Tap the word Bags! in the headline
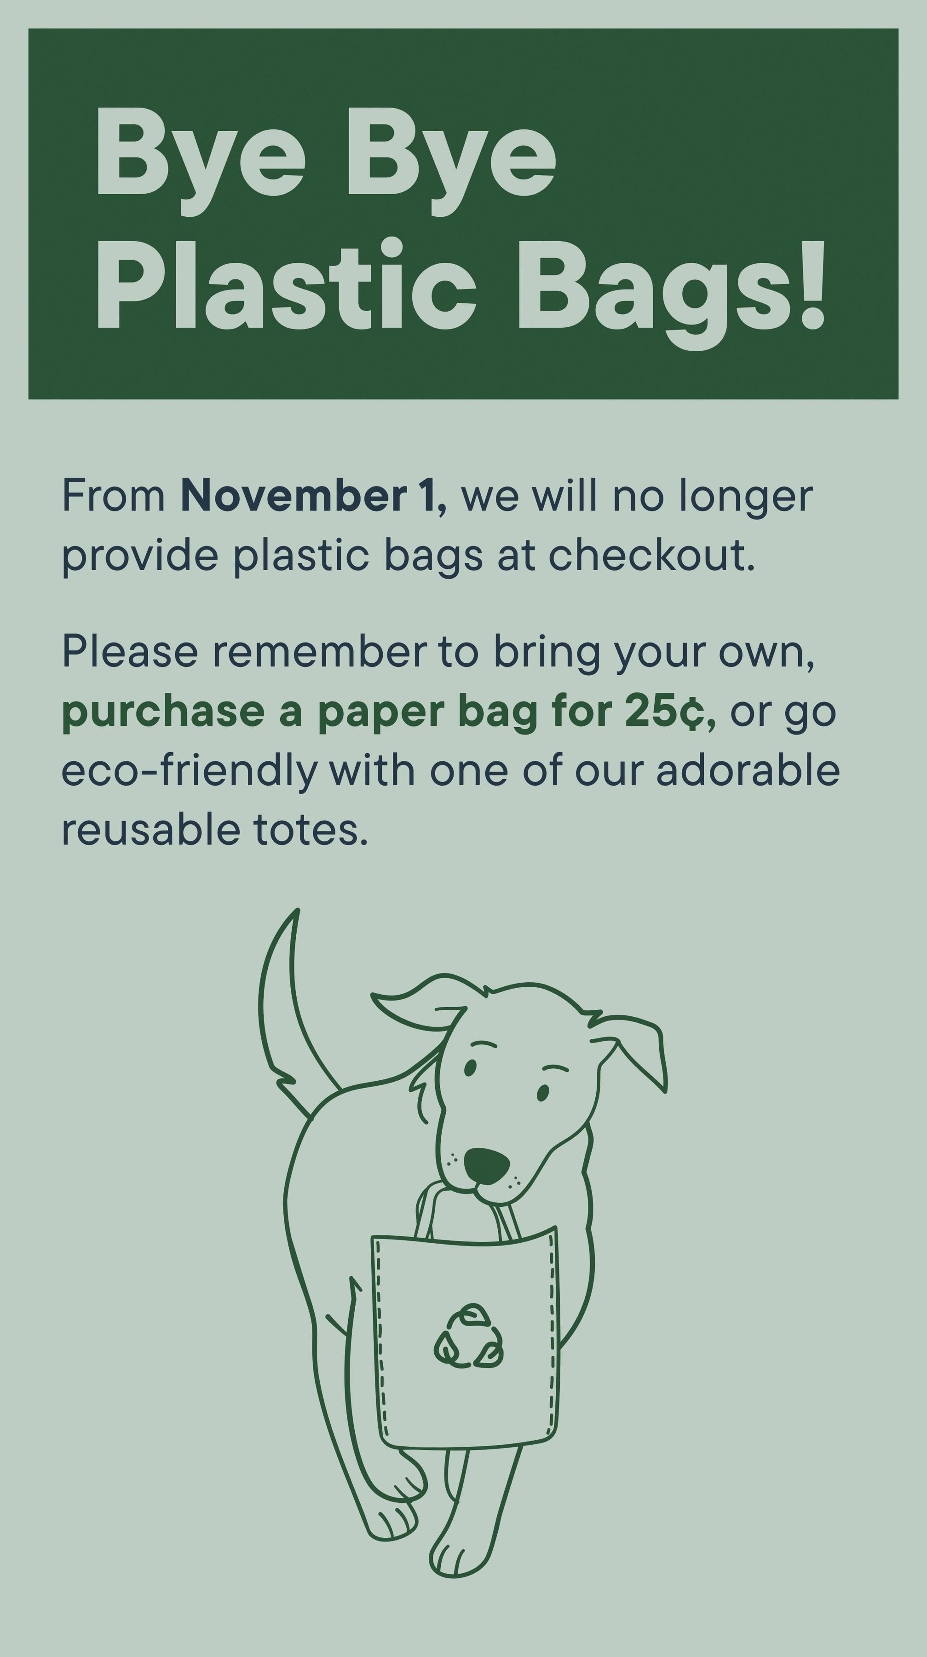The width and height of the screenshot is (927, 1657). [x=670, y=295]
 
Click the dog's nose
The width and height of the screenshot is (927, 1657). [x=487, y=1165]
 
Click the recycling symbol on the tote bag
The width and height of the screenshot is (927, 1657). [x=469, y=1337]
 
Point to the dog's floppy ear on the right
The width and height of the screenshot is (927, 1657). [x=631, y=1048]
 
